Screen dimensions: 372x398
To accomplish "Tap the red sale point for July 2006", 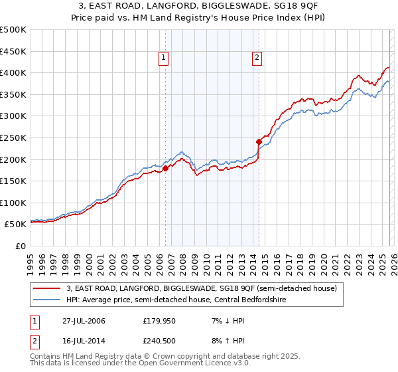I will (166, 168).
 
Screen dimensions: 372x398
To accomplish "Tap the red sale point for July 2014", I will (259, 141).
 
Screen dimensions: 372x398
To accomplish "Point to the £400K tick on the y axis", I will (14, 73).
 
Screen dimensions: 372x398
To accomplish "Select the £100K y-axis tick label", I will (14, 203).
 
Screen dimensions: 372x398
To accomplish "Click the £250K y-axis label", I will (14, 138).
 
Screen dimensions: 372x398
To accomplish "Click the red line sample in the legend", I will (47, 288).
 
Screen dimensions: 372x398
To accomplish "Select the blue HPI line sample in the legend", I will (47, 300).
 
